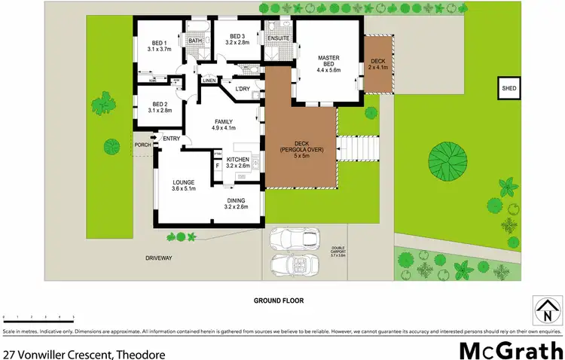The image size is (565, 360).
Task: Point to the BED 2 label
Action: pyautogui.click(x=159, y=107)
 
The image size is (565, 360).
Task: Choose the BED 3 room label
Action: pyautogui.click(x=237, y=39)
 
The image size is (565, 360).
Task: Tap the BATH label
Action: pyautogui.click(x=195, y=41)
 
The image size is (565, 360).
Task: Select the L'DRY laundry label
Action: pyautogui.click(x=243, y=90)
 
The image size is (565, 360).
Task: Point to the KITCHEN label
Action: pyautogui.click(x=238, y=163)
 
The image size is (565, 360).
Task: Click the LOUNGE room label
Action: pyautogui.click(x=184, y=185)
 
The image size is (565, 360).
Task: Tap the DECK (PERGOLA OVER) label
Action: pyautogui.click(x=301, y=148)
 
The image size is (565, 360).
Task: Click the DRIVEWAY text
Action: pyautogui.click(x=159, y=258)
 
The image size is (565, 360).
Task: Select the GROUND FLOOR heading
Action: pyautogui.click(x=282, y=300)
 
